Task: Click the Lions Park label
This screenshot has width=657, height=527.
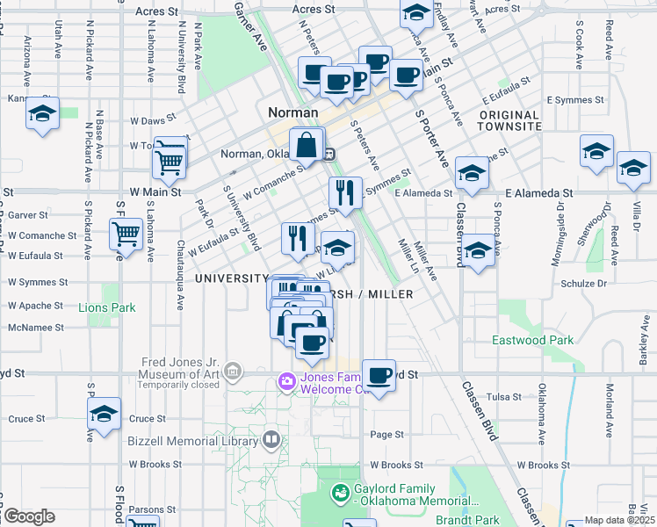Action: tap(106, 308)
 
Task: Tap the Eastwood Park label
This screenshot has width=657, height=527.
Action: tap(532, 340)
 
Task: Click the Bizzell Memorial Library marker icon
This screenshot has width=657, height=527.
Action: tap(272, 438)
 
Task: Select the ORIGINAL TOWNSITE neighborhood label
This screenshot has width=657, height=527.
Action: tap(509, 120)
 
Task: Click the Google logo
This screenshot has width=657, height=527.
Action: tap(30, 516)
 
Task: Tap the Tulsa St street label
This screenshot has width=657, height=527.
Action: tap(505, 397)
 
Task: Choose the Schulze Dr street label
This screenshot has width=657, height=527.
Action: tap(583, 284)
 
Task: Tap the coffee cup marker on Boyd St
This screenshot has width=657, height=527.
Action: tap(379, 377)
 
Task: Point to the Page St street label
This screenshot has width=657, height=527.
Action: tap(386, 434)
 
